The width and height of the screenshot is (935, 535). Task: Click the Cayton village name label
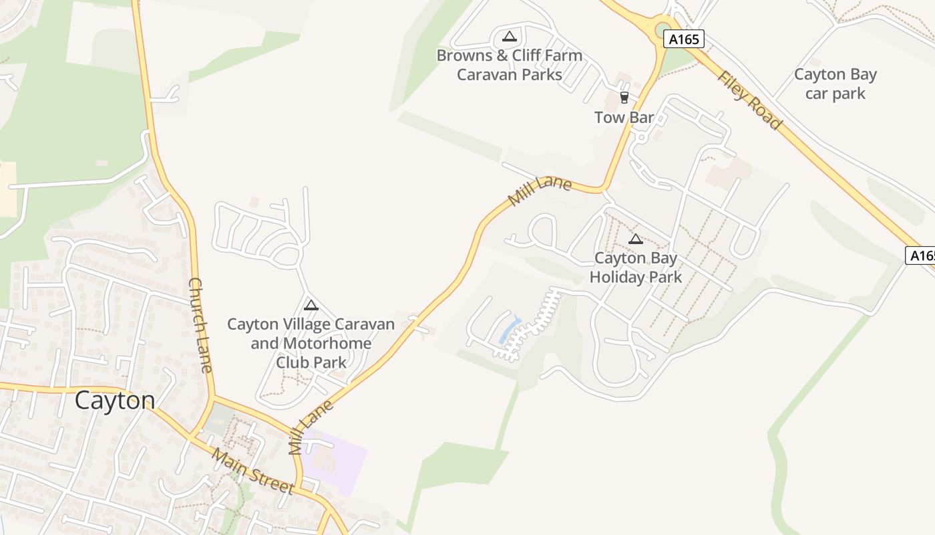pos(115,401)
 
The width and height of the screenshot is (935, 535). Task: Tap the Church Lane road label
pos(201,325)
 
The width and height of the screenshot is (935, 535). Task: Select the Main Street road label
pos(252,471)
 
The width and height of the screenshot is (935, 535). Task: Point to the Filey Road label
pos(749,100)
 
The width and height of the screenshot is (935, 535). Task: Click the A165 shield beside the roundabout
pos(685,39)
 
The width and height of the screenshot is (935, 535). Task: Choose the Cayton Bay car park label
pos(835,84)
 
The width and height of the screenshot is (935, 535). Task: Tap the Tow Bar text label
pos(624,118)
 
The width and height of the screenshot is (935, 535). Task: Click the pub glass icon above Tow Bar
pos(624,98)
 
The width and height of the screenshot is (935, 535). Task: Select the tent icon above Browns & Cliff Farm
pos(510,36)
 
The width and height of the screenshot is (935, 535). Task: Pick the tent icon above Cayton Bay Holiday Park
pos(636,239)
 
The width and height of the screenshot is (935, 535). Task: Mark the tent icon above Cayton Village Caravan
pos(311,306)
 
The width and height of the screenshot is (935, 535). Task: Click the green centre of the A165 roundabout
pos(663,29)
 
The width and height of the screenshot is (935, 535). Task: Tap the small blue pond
pos(510,330)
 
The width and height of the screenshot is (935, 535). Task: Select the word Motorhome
pos(326,343)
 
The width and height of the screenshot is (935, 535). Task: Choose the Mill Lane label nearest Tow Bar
pos(540,191)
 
